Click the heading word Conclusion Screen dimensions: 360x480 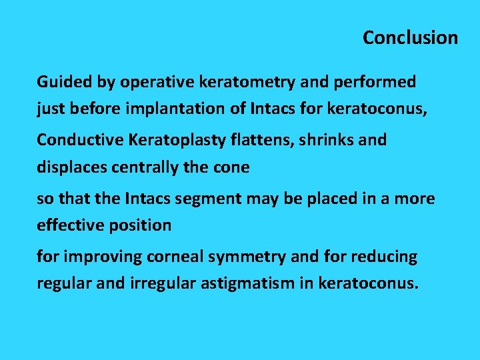click(410, 38)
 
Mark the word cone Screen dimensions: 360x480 click(233, 167)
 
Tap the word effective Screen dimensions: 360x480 click(66, 225)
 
